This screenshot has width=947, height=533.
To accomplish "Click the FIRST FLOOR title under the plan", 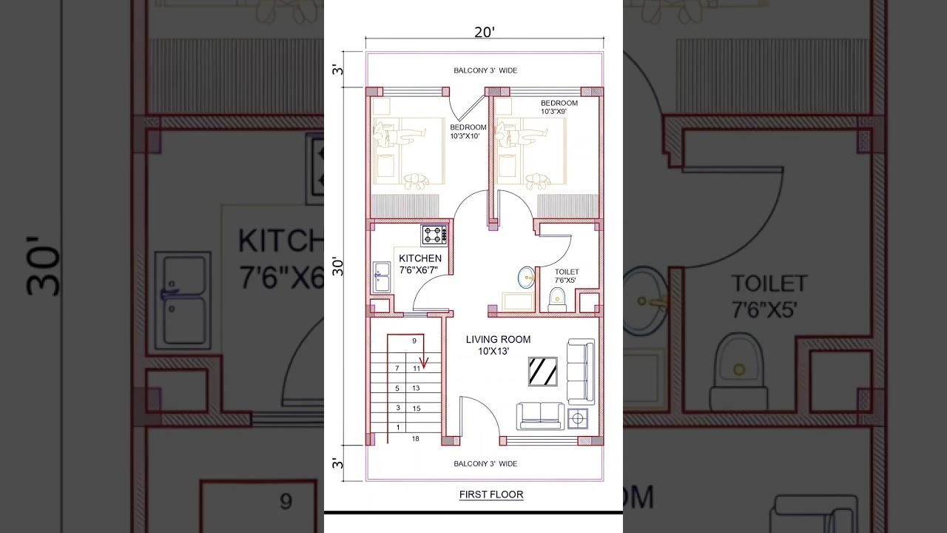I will pos(491,495).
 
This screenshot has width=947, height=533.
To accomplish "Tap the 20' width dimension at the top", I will pos(485,32).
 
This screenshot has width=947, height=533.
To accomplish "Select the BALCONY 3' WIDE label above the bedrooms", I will pos(485,70).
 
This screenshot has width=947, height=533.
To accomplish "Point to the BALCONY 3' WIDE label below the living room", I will pos(485,463).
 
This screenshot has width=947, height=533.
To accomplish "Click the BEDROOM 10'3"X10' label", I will pos(468,132).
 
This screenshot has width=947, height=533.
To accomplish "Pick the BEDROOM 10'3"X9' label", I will pos(559,107).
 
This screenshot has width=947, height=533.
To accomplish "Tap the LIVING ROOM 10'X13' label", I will pos(498,345).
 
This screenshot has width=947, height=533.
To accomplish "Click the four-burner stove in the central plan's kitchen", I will pos(434,235).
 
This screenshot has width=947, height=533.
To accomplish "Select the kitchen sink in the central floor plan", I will pos(382,277).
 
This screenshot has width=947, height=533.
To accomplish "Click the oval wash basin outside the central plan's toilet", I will pos(526,278).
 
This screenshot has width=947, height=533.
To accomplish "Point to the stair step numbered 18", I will pos(415,439).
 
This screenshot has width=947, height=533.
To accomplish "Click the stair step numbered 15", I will pos(416,409).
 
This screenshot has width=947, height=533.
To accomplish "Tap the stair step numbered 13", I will pos(416,389).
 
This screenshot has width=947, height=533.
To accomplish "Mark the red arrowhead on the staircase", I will pos(424,363).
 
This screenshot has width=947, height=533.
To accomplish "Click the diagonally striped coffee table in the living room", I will pos(543,371).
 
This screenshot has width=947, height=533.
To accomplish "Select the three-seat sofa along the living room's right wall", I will pos(580,372).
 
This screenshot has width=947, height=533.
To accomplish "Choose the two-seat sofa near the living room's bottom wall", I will pos(540,416).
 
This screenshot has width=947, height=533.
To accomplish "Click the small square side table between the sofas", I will pos(578,418).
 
